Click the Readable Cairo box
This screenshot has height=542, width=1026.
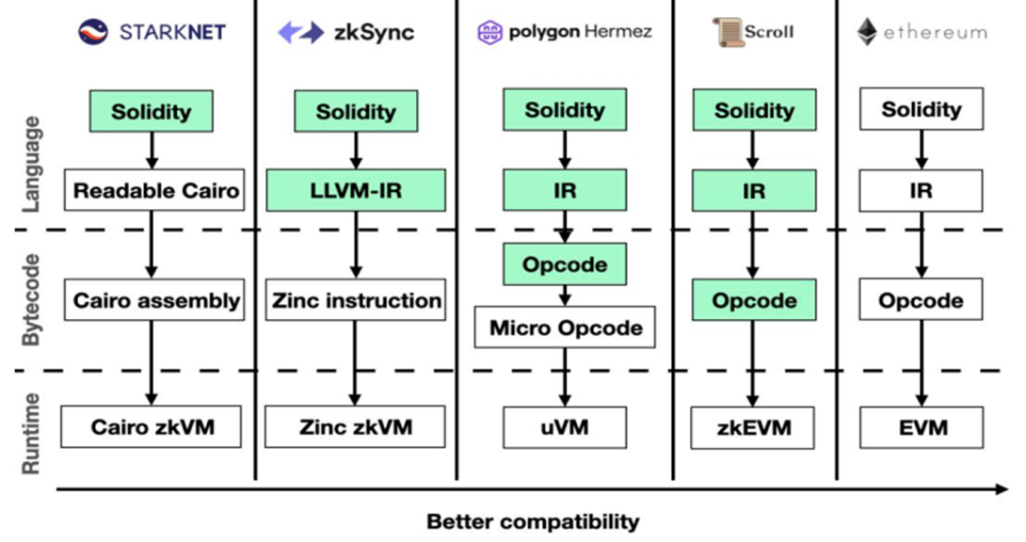pyautogui.click(x=156, y=190)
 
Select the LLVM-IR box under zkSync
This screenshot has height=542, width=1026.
pyautogui.click(x=356, y=190)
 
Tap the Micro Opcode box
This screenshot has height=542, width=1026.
pyautogui.click(x=565, y=327)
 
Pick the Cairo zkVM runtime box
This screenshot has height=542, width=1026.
pyautogui.click(x=152, y=427)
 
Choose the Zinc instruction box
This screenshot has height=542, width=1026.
pyautogui.click(x=356, y=301)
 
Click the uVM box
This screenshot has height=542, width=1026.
pyautogui.click(x=565, y=427)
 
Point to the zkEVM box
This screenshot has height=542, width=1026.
pyautogui.click(x=754, y=427)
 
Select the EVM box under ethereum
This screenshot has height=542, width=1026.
pyautogui.click(x=922, y=427)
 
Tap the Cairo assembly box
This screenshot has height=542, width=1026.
pyautogui.click(x=156, y=301)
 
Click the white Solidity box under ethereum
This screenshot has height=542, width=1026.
pyautogui.click(x=922, y=109)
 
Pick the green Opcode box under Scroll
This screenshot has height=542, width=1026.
pyautogui.click(x=754, y=301)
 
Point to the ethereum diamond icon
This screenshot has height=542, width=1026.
pyautogui.click(x=866, y=32)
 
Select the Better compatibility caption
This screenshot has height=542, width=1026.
pyautogui.click(x=533, y=521)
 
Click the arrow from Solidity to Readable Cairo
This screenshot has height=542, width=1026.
pyautogui.click(x=152, y=150)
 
